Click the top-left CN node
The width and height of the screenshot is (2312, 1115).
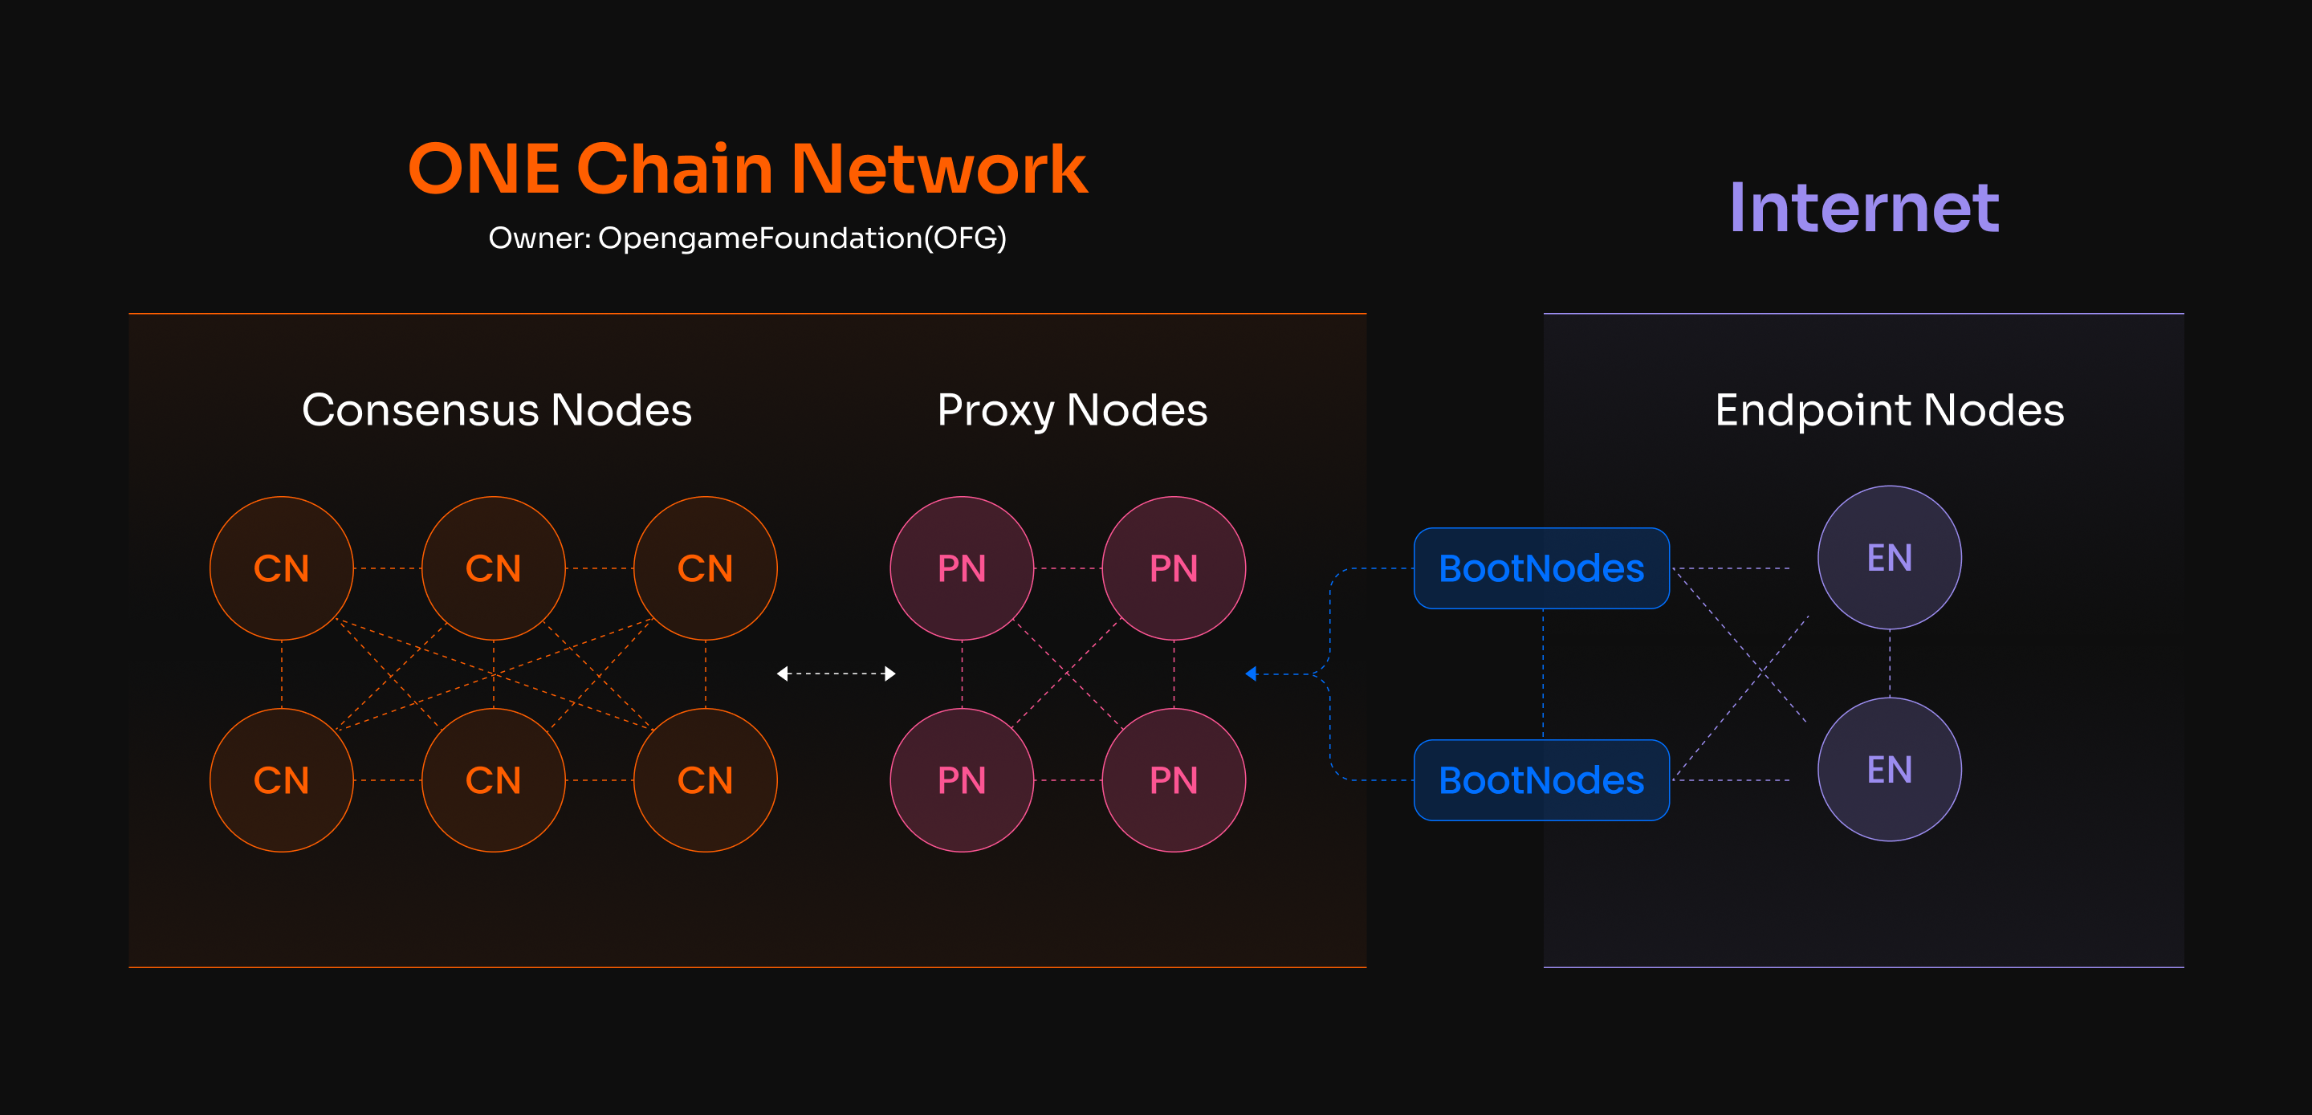pyautogui.click(x=282, y=568)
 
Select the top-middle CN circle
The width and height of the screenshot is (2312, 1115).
pyautogui.click(x=494, y=568)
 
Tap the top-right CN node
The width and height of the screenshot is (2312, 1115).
pyautogui.click(x=706, y=568)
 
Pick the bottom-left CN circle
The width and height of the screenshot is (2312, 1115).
pyautogui.click(x=282, y=780)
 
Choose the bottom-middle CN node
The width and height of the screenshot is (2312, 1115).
pyautogui.click(x=494, y=780)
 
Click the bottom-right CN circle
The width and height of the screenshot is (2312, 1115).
pyautogui.click(x=706, y=780)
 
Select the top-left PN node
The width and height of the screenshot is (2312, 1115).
pyautogui.click(x=963, y=568)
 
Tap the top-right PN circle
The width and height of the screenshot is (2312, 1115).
pyautogui.click(x=1174, y=568)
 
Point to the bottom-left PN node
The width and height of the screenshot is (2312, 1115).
pyautogui.click(x=963, y=780)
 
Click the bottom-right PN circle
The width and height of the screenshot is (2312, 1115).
pyautogui.click(x=1174, y=780)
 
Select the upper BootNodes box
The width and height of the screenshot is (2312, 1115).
pyautogui.click(x=1542, y=568)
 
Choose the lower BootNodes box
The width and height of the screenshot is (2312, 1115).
pyautogui.click(x=1542, y=780)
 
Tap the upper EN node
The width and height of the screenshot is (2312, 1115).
pyautogui.click(x=1891, y=557)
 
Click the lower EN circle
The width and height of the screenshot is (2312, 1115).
pyautogui.click(x=1891, y=769)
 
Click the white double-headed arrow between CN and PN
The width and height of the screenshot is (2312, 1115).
pyautogui.click(x=836, y=673)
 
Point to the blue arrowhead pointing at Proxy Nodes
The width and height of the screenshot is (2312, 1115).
pyautogui.click(x=1252, y=673)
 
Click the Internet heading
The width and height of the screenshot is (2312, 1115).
pyautogui.click(x=1864, y=207)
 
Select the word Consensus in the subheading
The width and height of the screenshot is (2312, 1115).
pyautogui.click(x=420, y=410)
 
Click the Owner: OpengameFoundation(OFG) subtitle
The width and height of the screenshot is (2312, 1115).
pyautogui.click(x=747, y=238)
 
